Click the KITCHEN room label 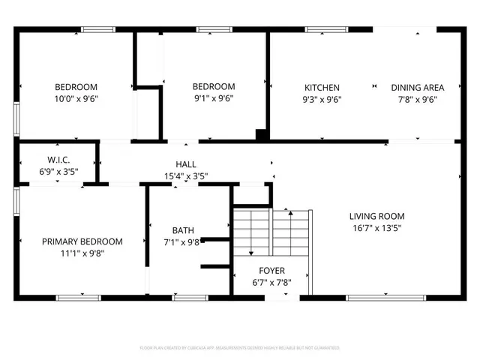(x=322, y=88)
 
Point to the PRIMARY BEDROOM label (x=82, y=241)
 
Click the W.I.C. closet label (x=58, y=160)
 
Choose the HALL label (x=186, y=164)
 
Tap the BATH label (x=183, y=230)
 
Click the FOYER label (x=271, y=271)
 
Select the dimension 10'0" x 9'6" (x=76, y=99)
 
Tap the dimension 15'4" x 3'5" (x=186, y=176)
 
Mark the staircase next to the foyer (x=271, y=232)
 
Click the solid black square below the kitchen (x=262, y=135)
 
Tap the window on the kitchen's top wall (x=321, y=29)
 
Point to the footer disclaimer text (x=240, y=348)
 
